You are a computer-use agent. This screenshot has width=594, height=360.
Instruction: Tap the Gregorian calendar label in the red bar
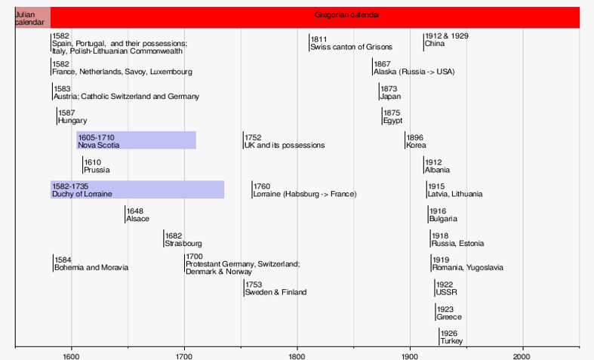tap(346, 15)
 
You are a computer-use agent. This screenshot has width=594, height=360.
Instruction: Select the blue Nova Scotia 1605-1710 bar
tap(136, 140)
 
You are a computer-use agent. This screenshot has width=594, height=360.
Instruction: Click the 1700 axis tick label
tap(184, 355)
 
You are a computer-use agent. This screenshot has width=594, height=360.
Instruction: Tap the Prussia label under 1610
tap(97, 170)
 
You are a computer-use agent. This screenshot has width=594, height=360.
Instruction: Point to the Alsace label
tap(137, 219)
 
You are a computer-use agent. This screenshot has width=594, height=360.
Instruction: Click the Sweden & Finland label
tap(275, 292)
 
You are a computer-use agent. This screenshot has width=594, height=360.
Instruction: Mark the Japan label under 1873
tap(390, 97)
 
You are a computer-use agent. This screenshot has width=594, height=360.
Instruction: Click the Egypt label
tap(392, 121)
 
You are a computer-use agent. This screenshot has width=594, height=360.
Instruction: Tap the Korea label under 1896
tap(416, 145)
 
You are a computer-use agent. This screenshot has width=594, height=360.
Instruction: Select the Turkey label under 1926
tap(451, 341)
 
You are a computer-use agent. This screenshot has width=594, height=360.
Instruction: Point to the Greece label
tap(448, 317)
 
